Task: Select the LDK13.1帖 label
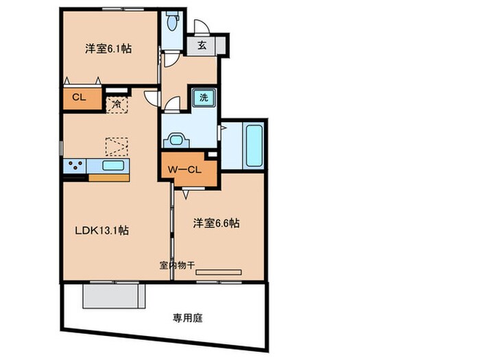coord(101,231)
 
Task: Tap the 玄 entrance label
coord(202,46)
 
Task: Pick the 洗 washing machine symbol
coord(204,97)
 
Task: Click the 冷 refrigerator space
coord(117,105)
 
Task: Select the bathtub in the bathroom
coord(253,147)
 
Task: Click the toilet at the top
coord(171,23)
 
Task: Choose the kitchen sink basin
coord(112,165)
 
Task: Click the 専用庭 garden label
coord(187,318)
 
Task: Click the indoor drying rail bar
coord(218,273)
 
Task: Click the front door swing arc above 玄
coord(202,28)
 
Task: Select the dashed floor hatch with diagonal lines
coord(116,147)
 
